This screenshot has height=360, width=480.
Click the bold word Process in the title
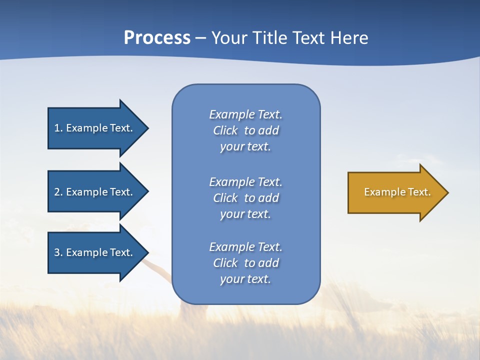157,38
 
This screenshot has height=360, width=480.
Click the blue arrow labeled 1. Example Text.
95,128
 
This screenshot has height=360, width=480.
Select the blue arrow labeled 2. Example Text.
95,192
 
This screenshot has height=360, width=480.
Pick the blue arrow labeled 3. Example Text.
95,252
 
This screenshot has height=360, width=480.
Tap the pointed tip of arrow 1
147,128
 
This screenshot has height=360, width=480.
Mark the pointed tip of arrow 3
147,252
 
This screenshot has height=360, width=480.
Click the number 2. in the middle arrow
58,192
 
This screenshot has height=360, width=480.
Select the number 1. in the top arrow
58,128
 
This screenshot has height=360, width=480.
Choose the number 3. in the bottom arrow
58,252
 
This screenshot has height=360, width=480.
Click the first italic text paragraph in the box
245,130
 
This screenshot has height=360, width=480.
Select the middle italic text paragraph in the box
245,198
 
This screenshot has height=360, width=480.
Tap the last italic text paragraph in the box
245,263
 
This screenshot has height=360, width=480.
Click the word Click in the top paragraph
225,130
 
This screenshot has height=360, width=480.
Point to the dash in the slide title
200,38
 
